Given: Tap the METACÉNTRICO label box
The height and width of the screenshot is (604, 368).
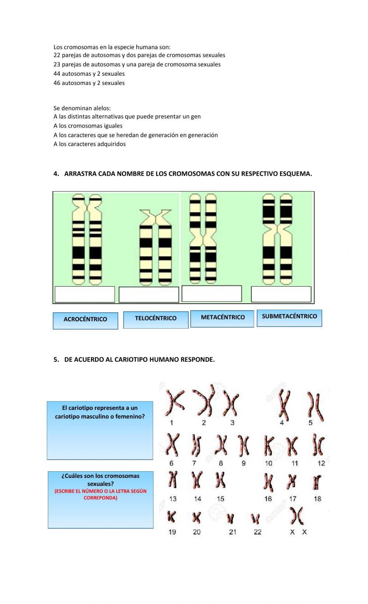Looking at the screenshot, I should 222,318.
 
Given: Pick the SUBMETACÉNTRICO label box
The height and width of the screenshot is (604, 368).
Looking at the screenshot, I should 289,317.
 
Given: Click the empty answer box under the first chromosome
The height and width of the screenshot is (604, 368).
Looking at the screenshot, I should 85,294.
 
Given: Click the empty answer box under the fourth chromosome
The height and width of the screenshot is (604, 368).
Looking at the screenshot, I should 281,294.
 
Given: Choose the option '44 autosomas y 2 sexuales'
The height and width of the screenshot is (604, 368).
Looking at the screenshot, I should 89,74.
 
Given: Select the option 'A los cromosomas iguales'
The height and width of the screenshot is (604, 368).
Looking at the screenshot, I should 88,126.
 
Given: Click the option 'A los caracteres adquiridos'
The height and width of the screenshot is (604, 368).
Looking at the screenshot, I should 89,144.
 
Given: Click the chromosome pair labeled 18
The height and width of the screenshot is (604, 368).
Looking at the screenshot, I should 317,482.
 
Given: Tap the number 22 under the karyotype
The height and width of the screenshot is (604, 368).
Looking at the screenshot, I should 258,532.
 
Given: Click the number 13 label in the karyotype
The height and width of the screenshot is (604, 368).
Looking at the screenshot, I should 173,499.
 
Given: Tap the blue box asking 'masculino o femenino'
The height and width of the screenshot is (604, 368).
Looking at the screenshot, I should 100,430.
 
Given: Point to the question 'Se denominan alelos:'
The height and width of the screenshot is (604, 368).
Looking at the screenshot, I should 82,108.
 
